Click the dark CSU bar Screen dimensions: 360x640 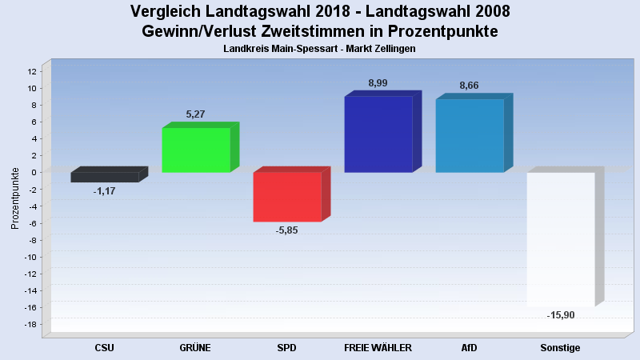[x=105, y=177]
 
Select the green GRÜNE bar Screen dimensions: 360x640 [x=196, y=150]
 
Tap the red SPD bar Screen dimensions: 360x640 [x=287, y=197]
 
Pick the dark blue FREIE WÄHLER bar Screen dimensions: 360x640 [x=378, y=134]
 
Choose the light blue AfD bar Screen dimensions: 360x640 [x=470, y=135]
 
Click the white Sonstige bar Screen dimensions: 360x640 [x=561, y=239]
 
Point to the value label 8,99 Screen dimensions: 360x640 [x=378, y=83]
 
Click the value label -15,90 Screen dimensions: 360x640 [x=561, y=315]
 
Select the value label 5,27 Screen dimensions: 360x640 [x=195, y=114]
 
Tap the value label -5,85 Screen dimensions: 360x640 [x=286, y=230]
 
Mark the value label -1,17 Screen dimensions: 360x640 [x=104, y=191]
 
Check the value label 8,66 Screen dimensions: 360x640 [x=469, y=85]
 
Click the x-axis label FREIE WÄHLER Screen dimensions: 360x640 [x=378, y=348]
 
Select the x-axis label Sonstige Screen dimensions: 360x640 [x=560, y=348]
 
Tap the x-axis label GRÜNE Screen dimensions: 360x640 [x=195, y=348]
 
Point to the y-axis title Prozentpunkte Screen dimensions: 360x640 [x=15, y=198]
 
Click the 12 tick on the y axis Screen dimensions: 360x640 [x=32, y=71]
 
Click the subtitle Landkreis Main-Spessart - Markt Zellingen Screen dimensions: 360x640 [x=320, y=49]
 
